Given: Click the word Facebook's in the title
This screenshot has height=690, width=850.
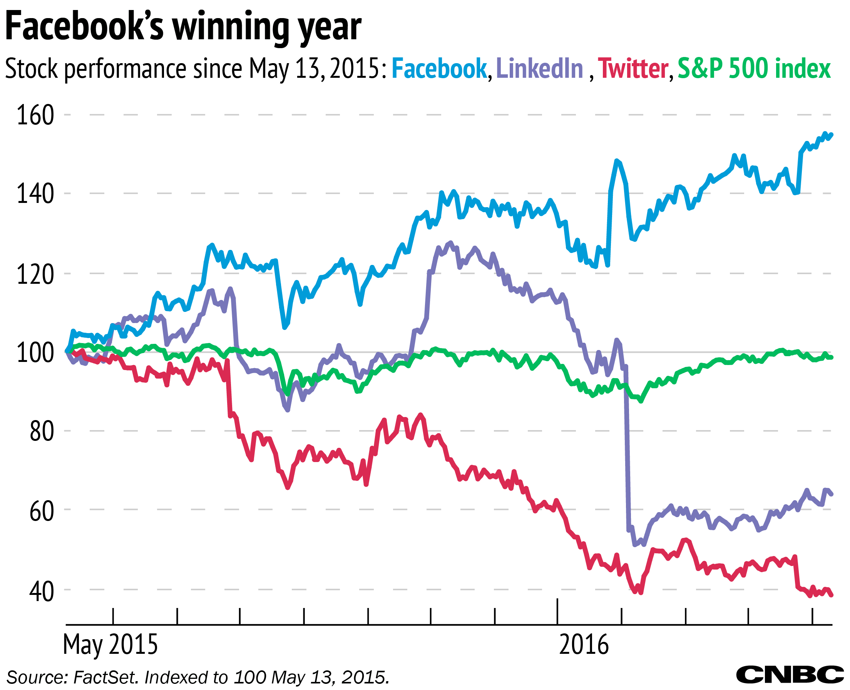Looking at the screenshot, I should coord(84,27).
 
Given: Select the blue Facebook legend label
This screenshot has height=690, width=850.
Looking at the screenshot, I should coord(439,69).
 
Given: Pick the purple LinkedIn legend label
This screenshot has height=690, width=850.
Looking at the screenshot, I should coord(540,69).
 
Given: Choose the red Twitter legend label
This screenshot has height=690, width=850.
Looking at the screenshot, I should coord(633,69).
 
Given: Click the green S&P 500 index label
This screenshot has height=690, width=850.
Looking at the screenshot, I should coord(754,69).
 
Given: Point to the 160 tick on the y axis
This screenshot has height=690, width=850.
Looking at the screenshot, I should coord(35,115).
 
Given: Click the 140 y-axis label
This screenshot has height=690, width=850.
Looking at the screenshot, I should coord(35,194).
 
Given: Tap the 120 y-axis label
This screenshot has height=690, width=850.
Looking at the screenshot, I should coord(35,274).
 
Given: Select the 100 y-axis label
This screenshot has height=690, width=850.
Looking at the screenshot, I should coord(35,353).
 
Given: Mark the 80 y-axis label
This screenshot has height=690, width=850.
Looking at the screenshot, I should coord(41,431).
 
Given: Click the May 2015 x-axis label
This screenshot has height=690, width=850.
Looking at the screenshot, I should coord(110,644).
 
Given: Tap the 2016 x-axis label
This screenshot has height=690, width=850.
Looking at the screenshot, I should coord(583,644).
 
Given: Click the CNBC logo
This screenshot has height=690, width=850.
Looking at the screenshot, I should coord(790,675).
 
